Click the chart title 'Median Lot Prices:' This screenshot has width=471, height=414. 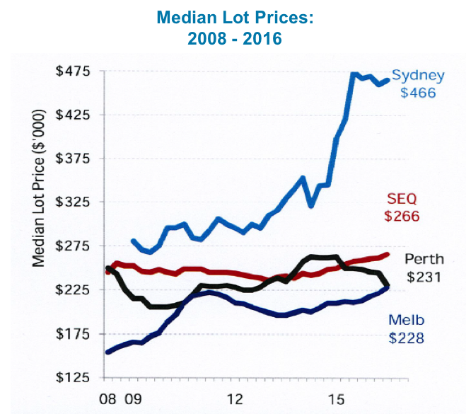tap(234, 16)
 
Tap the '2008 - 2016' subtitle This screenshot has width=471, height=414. tap(234, 37)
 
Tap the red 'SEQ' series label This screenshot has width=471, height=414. tap(402, 200)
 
